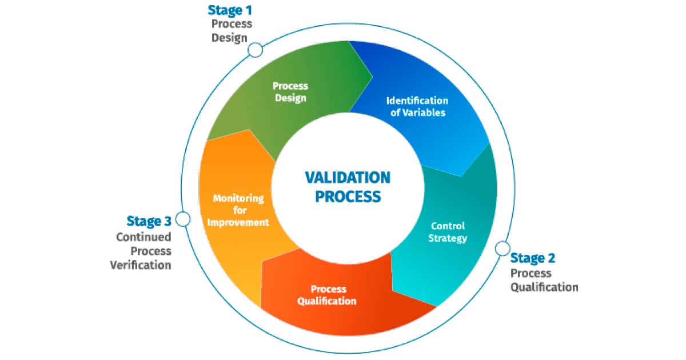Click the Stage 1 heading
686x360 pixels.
click(230, 10)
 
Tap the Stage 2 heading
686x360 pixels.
click(532, 258)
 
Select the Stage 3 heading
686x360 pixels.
click(149, 221)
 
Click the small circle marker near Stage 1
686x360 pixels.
click(255, 50)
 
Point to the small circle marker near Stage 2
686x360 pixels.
click(502, 248)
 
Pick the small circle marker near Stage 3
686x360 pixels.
click(183, 219)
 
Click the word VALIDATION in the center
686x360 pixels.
click(348, 177)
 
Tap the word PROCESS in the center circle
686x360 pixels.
click(348, 197)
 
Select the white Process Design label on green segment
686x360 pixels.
click(290, 92)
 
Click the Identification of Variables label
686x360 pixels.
click(417, 107)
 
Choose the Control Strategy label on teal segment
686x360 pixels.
click(448, 232)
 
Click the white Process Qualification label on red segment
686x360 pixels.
click(327, 295)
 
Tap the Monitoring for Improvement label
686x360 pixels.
click(238, 210)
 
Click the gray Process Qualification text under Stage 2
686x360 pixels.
click(543, 280)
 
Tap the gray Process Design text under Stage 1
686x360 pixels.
click(231, 31)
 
